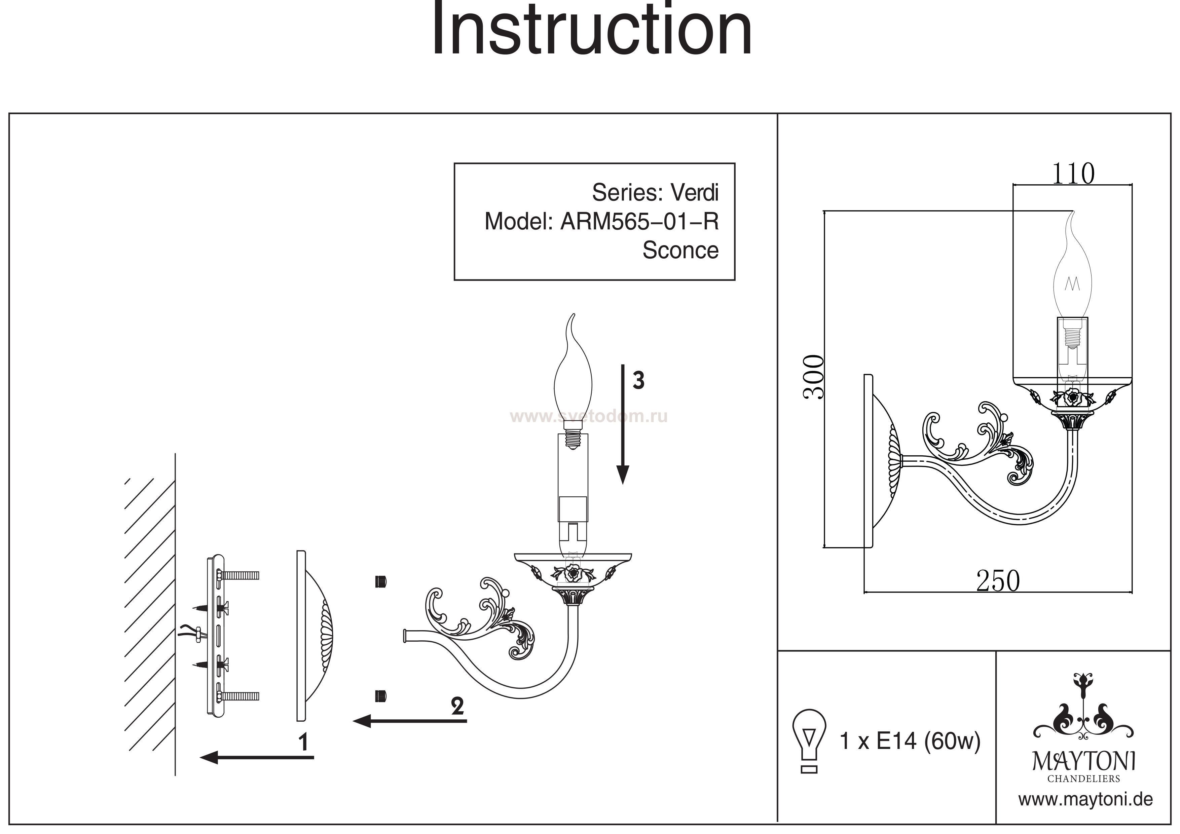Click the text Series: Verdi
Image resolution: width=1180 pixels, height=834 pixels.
(x=655, y=193)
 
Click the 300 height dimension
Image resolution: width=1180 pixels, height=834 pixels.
(x=814, y=378)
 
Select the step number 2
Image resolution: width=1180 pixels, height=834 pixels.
(x=457, y=706)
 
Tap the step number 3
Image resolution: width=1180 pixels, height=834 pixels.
(x=638, y=381)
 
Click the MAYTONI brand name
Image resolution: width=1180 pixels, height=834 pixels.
(x=1084, y=762)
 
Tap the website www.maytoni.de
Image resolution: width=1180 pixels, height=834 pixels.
(x=1085, y=800)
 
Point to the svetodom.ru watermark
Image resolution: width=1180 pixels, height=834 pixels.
(x=588, y=416)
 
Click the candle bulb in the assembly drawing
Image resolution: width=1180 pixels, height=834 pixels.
(x=573, y=380)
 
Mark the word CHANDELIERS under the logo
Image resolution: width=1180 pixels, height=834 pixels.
(x=1083, y=779)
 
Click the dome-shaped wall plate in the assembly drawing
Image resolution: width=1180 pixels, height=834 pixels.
(x=314, y=636)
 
